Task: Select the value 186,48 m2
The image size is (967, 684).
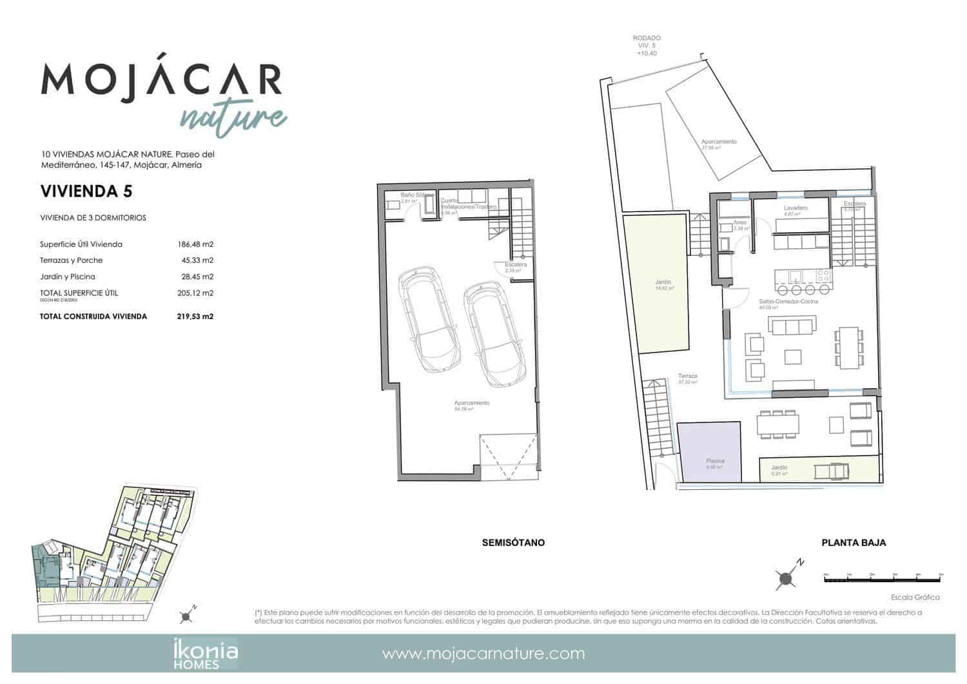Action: point(195,244)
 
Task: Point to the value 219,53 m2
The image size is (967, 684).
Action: point(195,317)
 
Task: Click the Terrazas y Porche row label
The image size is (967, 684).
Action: point(71,260)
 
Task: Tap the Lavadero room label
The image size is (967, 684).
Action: point(796,208)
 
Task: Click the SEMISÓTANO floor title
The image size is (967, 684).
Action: point(513,543)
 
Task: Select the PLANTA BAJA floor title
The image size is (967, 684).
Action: point(854,543)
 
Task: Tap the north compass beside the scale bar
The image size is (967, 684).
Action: point(786,578)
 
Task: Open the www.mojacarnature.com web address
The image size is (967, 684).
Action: point(484,654)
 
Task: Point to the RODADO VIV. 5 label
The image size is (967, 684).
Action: point(647,46)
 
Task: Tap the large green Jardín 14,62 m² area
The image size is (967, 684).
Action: point(662,284)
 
